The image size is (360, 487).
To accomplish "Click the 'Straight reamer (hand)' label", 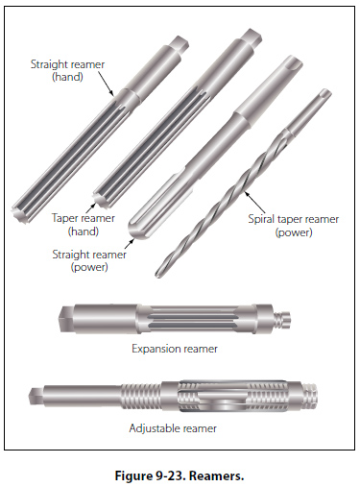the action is point(67,70).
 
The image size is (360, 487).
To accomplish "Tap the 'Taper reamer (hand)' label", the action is point(84,225).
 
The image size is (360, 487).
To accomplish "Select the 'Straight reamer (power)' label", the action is point(89,260).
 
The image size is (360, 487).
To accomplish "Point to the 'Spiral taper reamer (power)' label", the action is point(294,226).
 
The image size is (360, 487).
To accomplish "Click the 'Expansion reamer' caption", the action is point(175,349).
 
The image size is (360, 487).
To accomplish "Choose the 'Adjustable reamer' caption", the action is point(173,428).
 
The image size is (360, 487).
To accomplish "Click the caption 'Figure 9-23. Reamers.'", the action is point(180,475).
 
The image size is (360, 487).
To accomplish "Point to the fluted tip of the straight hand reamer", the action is point(19,212).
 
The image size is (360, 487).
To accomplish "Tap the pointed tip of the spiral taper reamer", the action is point(157,274).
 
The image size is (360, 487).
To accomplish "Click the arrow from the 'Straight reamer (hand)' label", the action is point(106,84).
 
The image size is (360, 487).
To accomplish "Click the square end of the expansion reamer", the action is point(66,319).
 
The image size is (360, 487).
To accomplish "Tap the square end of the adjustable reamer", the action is point(36,396).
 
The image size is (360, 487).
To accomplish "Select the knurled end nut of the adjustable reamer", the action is point(309,396).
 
